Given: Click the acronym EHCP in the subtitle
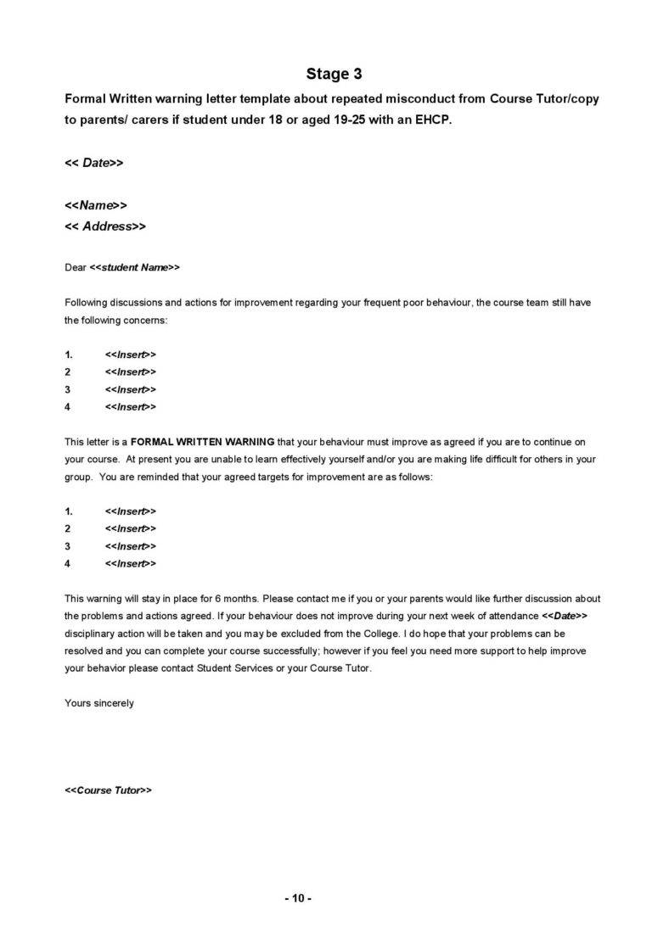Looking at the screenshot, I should [x=430, y=120].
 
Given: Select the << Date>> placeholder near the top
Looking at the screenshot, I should [x=94, y=163].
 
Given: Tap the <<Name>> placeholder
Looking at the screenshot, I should [x=96, y=205].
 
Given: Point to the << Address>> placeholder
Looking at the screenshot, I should [x=105, y=226].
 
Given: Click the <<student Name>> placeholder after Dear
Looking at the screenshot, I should [x=135, y=267].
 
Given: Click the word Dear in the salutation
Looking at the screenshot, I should [x=76, y=267].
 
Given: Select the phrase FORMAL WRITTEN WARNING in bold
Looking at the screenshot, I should [x=203, y=442].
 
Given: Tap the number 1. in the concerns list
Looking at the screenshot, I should [x=70, y=354].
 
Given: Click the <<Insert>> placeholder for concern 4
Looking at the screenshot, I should [x=131, y=407].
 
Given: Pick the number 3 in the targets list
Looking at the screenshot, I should [x=68, y=546].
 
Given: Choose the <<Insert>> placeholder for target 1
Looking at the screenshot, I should [x=131, y=511].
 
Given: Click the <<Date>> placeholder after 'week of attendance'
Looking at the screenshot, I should [x=565, y=616].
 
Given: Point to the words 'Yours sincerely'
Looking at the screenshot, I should [x=99, y=703].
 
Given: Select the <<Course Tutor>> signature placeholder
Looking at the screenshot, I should [x=108, y=790].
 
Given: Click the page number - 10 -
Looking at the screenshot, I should [x=298, y=898].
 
